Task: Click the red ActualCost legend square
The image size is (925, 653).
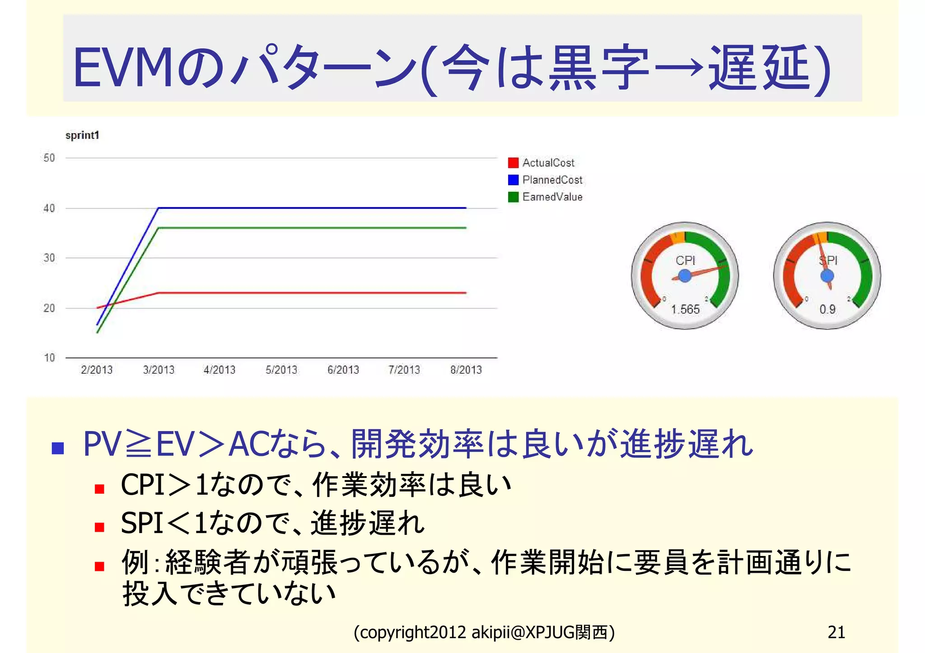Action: coord(513,162)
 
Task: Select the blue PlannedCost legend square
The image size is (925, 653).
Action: coord(513,180)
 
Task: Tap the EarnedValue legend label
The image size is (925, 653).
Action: coord(552,197)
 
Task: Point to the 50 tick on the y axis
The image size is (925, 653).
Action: coord(49,158)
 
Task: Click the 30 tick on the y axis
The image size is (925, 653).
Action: coord(49,258)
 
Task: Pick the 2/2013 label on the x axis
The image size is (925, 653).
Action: coord(97,370)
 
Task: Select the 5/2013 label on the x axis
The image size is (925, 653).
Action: coord(281,370)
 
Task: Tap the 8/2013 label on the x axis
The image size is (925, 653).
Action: coord(466,370)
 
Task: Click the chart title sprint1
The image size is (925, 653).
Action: coord(82,135)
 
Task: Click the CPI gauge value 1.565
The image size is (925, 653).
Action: coord(685,310)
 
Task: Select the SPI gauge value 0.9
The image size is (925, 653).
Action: coord(827,310)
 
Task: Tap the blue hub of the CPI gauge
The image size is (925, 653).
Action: coord(685,275)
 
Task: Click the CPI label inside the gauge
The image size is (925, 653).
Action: coord(685,260)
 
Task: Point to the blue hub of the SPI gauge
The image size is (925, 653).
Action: coord(827,275)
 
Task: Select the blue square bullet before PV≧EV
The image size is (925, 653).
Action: coord(58,448)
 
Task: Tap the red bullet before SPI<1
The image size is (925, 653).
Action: coord(100,527)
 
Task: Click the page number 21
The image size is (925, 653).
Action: coord(836,632)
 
